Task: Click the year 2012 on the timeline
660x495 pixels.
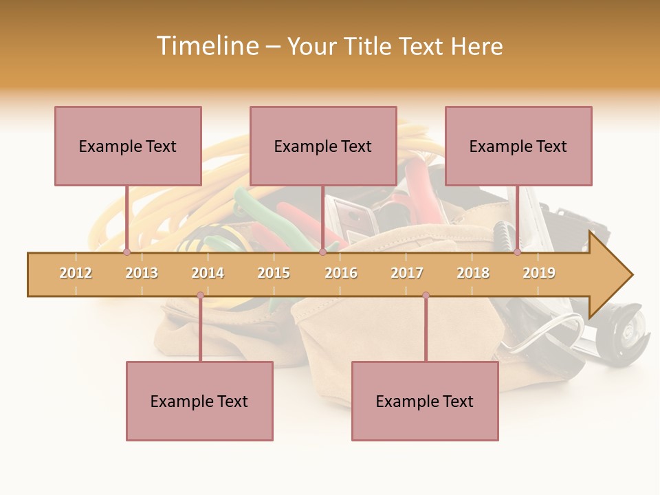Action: pos(76,273)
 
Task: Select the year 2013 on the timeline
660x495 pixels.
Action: pos(142,273)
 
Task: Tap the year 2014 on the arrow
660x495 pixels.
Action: pos(208,273)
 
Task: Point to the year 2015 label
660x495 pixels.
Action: pos(274,273)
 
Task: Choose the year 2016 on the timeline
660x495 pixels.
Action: pos(341,273)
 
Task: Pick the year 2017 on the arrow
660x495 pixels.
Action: pos(407,273)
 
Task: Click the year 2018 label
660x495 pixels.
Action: pos(473,273)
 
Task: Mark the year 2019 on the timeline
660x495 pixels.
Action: pos(539,273)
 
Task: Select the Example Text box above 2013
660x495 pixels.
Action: pos(128,146)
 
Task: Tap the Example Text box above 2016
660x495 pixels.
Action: pos(323,146)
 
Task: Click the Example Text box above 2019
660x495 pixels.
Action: pos(518,146)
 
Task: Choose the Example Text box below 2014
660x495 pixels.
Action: pos(199,401)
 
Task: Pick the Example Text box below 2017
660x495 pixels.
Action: pos(425,401)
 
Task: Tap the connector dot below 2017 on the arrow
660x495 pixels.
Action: pos(426,296)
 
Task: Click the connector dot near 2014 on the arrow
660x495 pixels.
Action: pos(200,296)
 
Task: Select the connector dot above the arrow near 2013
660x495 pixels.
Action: pos(126,252)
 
